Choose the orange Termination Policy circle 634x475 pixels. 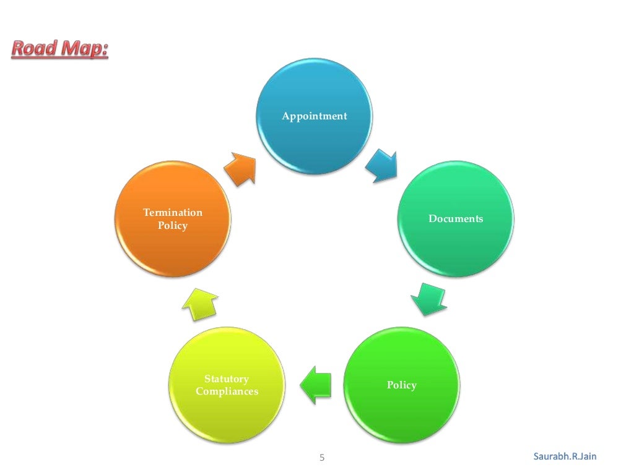173,219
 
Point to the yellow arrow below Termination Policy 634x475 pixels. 200,303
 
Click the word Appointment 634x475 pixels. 315,116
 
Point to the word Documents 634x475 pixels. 456,219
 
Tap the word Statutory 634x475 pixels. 227,379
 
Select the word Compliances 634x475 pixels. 227,392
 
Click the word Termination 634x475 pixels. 173,213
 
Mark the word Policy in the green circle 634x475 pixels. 402,385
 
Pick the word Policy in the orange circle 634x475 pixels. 173,226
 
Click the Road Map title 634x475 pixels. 59,49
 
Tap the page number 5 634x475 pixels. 321,458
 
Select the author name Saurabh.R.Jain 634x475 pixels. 565,456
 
